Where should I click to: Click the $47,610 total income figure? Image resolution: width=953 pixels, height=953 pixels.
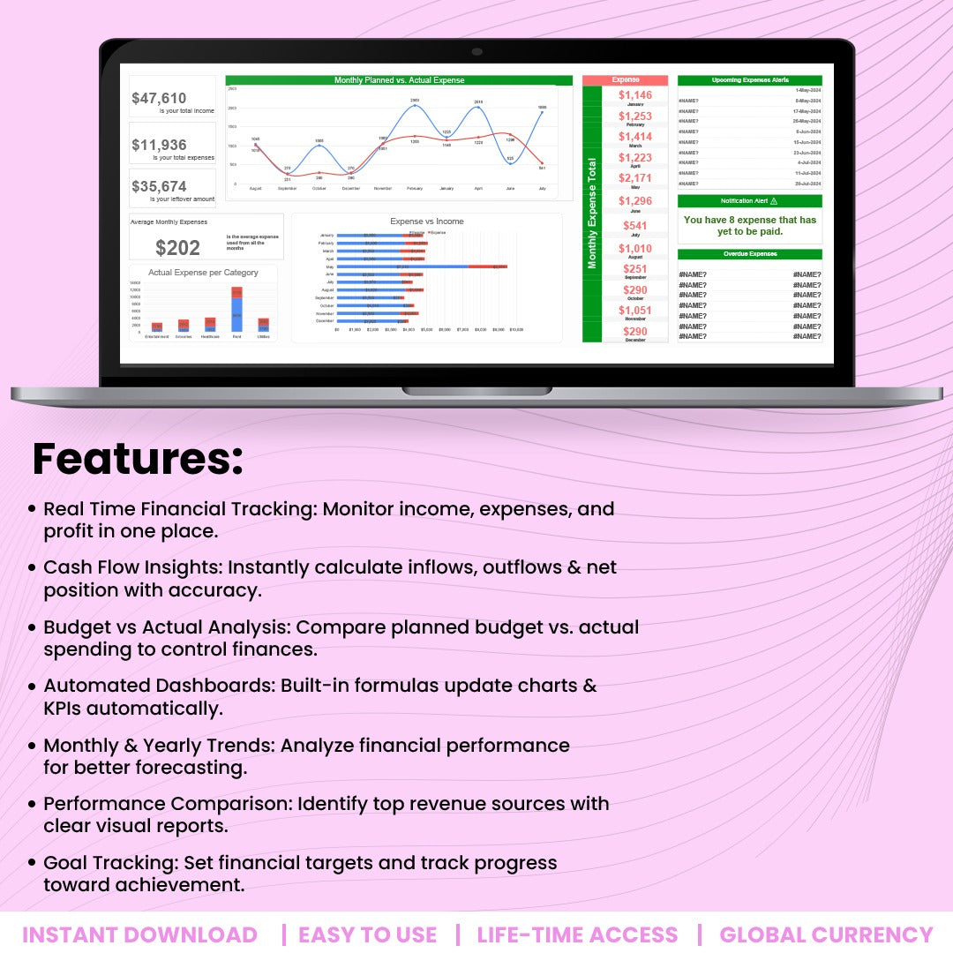coord(159,99)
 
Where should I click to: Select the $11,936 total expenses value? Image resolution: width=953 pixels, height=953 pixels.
coord(159,146)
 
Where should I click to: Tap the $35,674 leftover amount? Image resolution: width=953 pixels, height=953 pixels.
coord(159,186)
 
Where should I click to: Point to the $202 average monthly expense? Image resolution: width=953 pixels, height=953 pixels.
coord(177,248)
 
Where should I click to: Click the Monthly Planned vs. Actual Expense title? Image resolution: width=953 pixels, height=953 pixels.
coord(399,80)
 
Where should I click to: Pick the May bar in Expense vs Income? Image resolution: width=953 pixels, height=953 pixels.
coord(424,266)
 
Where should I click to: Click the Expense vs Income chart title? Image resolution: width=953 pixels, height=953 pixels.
coord(426,221)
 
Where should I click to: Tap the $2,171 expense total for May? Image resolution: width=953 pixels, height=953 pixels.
coord(635,178)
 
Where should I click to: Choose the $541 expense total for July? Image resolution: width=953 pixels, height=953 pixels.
coord(635,226)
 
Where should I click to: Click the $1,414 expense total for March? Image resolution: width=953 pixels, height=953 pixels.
coord(635,137)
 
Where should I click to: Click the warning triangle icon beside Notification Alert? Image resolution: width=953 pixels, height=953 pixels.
coord(774,201)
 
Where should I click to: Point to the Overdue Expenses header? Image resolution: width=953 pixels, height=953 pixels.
coord(749,254)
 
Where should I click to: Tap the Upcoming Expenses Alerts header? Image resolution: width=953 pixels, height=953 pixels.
coord(749,80)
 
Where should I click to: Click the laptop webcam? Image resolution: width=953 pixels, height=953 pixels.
coord(476,52)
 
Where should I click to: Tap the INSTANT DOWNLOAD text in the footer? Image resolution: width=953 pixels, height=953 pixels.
coord(139,934)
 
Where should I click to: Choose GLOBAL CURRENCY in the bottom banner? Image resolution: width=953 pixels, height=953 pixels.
coord(826,934)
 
